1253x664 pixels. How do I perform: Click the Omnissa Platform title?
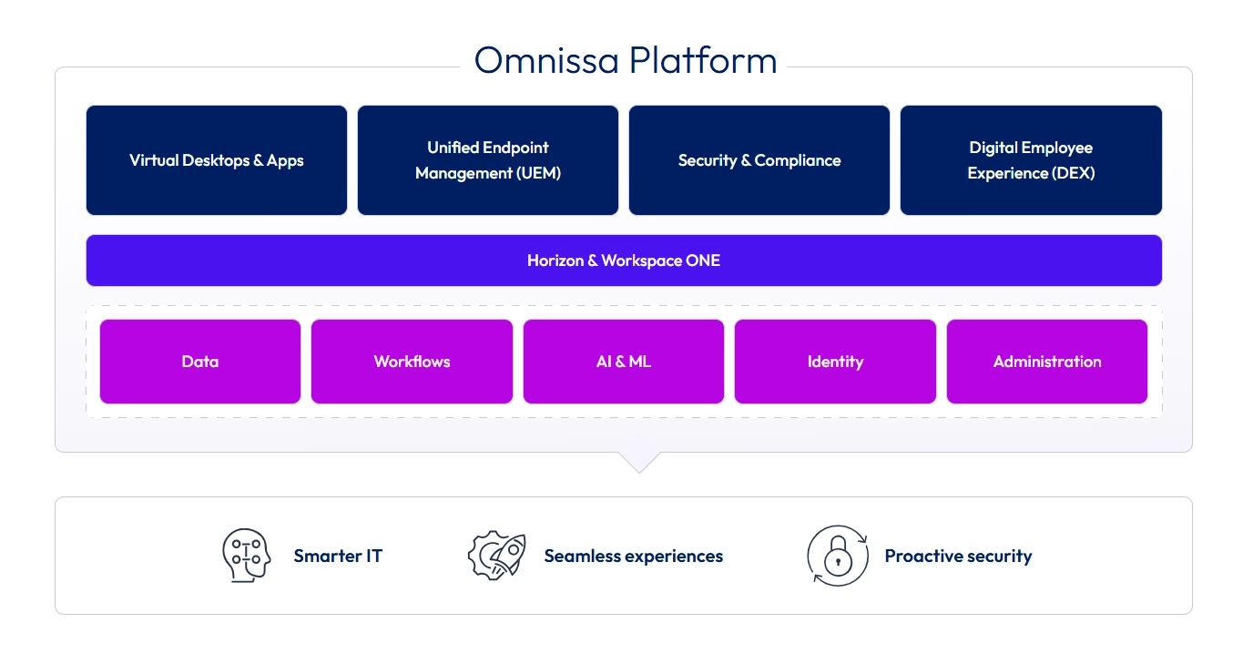(x=626, y=60)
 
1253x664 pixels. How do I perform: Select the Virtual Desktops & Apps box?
(x=217, y=160)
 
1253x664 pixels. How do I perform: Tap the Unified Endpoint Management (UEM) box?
(x=488, y=160)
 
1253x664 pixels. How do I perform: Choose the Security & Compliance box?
(x=759, y=160)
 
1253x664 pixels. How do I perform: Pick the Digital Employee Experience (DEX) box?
(x=1031, y=160)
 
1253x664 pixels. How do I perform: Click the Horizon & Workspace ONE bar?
(x=624, y=260)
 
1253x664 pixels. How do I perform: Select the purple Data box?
(x=200, y=362)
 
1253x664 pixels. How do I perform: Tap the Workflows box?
(x=412, y=362)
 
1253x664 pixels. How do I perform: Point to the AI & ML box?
(x=624, y=362)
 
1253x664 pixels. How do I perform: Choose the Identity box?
(x=835, y=362)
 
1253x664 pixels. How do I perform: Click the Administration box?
(x=1047, y=362)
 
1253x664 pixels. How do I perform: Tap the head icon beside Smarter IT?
(x=246, y=556)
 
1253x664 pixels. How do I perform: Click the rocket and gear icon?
(x=496, y=555)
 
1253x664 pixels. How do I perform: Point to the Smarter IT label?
(x=338, y=556)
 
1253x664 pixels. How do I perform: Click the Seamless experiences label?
(x=633, y=556)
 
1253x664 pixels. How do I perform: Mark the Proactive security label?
(x=958, y=556)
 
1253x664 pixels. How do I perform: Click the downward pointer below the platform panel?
(x=639, y=463)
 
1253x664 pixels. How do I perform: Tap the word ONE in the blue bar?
(x=703, y=260)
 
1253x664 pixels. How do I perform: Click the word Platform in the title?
(x=703, y=60)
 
